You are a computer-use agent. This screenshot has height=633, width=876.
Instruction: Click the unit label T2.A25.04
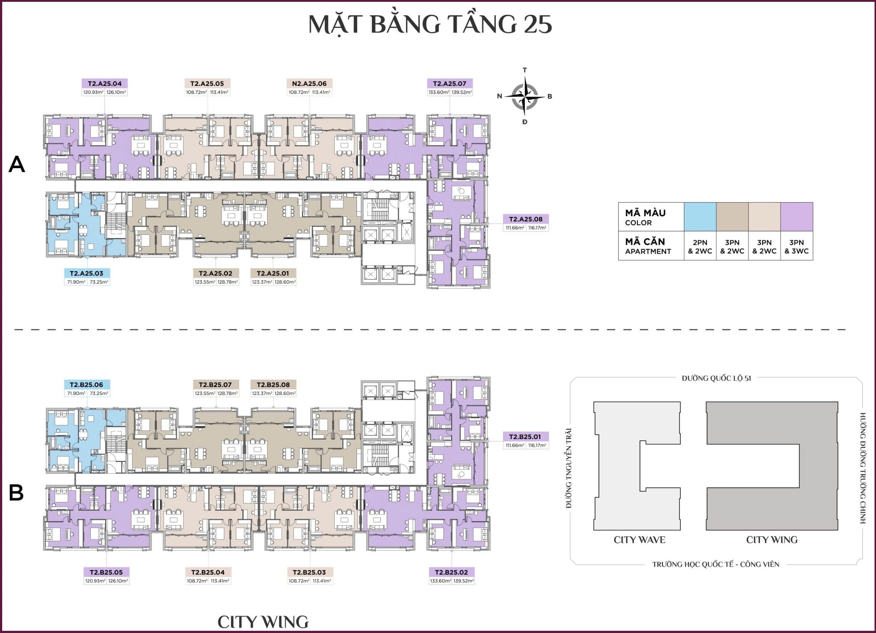(x=104, y=83)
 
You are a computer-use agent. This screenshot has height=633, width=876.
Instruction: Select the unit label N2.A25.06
(x=309, y=83)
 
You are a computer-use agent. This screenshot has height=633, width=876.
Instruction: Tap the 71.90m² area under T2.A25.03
(x=76, y=282)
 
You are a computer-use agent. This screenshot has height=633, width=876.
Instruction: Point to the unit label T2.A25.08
(x=525, y=219)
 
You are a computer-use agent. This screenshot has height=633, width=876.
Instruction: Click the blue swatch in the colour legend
(x=700, y=217)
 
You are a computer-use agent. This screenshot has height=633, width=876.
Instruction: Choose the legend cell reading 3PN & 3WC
(x=796, y=246)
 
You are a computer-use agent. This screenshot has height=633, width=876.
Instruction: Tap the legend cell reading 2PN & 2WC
(x=700, y=246)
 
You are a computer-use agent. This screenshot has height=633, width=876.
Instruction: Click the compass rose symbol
(x=525, y=96)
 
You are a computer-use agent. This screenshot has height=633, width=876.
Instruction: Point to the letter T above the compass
(x=525, y=70)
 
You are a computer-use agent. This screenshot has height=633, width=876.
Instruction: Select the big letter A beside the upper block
(x=17, y=165)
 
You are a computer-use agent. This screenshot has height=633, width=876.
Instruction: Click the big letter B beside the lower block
(x=16, y=493)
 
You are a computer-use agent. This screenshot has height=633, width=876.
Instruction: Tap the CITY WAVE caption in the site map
(x=639, y=540)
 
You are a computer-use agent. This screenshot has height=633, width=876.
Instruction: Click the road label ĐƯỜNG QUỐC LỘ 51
(x=716, y=378)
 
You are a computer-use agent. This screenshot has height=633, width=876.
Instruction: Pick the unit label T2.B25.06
(x=87, y=385)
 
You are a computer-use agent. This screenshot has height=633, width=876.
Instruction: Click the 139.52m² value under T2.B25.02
(x=463, y=581)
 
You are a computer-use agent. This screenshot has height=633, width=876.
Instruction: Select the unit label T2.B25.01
(x=525, y=437)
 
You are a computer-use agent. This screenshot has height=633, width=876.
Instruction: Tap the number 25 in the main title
(x=537, y=24)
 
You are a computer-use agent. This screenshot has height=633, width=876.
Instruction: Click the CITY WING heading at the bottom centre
(x=263, y=622)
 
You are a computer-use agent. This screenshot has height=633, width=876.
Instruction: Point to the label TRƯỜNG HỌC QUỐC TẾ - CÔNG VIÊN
(x=716, y=564)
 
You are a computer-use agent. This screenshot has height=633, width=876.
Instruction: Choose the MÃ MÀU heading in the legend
(x=645, y=213)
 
